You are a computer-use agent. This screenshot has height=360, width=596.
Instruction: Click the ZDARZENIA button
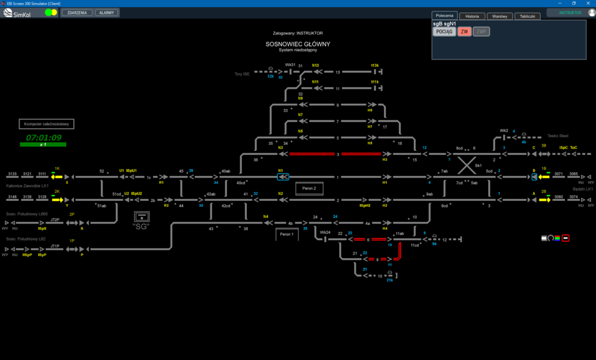point(77,13)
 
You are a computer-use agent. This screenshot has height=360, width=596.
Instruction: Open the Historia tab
point(472,16)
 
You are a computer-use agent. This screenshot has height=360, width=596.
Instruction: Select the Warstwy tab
point(499,16)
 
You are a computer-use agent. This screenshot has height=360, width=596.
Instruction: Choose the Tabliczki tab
point(527,16)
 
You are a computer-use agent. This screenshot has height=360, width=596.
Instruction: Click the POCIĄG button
point(444,32)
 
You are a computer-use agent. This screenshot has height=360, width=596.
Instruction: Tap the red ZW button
point(464,32)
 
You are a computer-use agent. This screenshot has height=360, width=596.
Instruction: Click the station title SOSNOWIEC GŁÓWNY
point(298,44)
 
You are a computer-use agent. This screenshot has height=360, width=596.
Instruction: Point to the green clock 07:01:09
point(44,138)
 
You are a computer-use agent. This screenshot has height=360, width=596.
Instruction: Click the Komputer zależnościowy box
point(47,124)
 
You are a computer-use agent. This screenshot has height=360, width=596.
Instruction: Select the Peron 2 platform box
point(309,188)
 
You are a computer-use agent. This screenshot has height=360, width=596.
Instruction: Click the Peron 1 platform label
point(287,235)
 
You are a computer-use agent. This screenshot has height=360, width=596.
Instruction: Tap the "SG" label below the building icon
point(141,226)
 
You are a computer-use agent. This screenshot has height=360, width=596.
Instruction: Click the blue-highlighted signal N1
point(283,177)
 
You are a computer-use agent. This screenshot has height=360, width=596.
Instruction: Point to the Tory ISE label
point(241,74)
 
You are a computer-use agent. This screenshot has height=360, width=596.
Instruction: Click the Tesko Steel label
point(558,135)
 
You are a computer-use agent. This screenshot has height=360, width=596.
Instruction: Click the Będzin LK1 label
point(582,189)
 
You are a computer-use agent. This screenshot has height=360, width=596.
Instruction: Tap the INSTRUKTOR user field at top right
point(570,13)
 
